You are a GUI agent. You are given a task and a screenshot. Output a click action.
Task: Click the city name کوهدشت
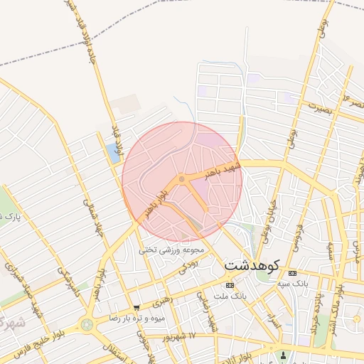(x=253, y=264)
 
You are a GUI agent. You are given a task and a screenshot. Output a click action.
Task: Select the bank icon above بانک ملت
(x=228, y=284)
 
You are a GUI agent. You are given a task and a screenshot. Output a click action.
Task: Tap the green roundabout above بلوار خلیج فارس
(x=87, y=325)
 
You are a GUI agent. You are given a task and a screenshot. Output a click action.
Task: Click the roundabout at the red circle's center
(x=182, y=179)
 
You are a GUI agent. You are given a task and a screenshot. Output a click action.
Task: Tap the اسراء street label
(x=269, y=312)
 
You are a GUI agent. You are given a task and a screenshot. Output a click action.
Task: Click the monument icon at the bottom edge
(x=284, y=355)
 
